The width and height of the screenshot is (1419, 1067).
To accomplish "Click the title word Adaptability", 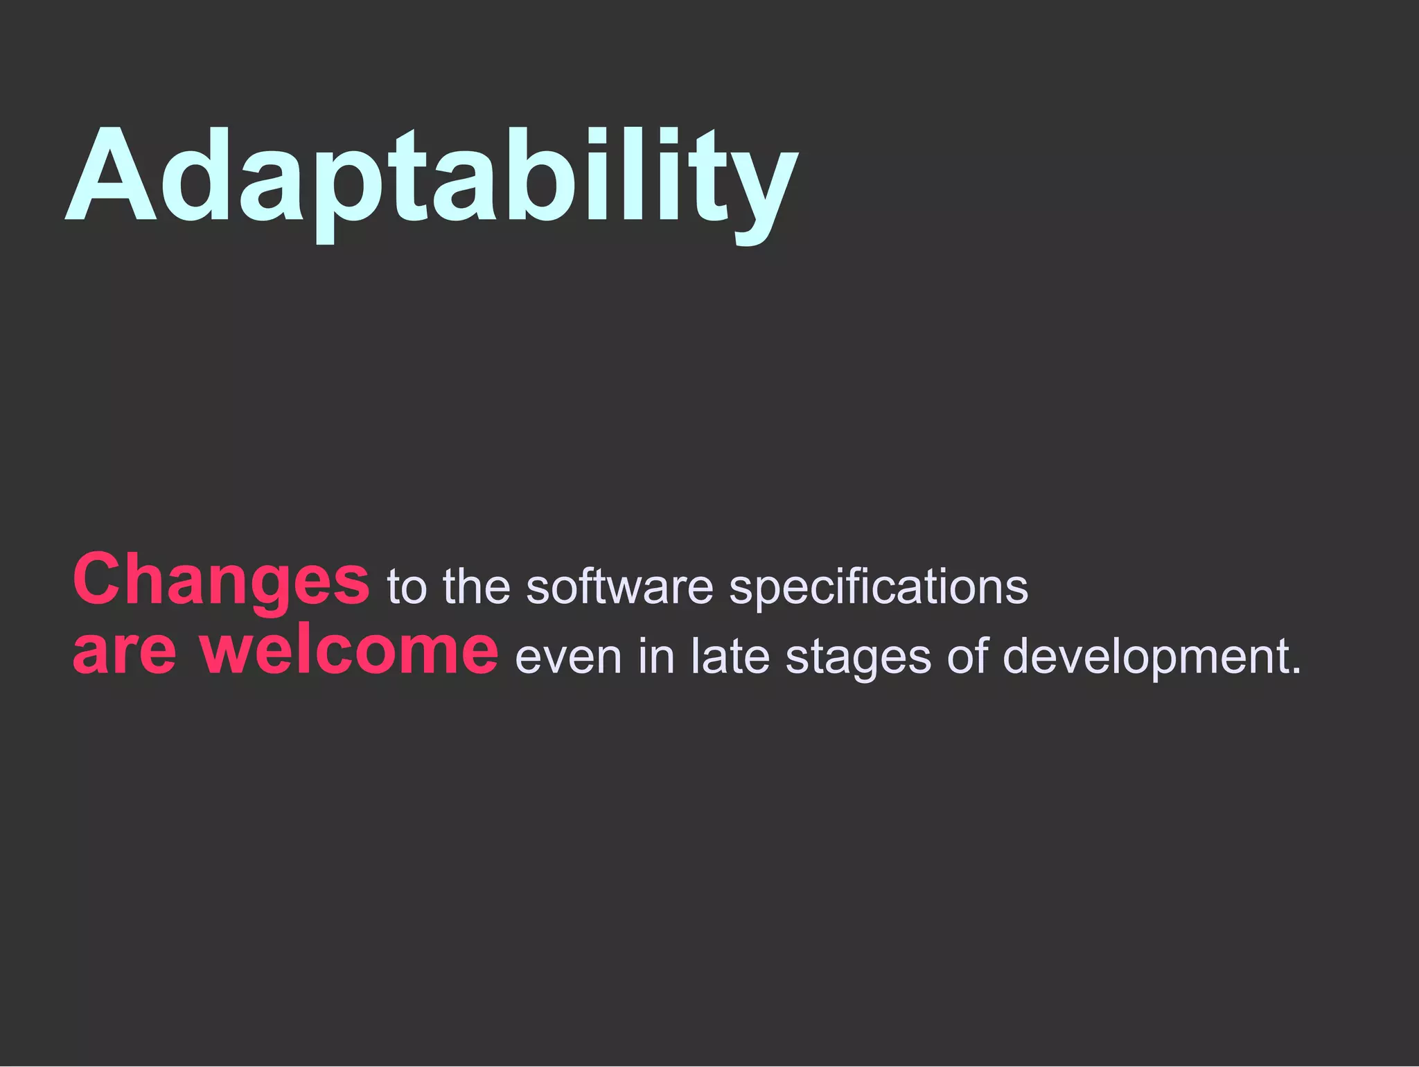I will (x=431, y=177).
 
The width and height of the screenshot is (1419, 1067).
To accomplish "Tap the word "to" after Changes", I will (x=407, y=587).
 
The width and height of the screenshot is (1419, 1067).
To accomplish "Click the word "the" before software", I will (x=476, y=587).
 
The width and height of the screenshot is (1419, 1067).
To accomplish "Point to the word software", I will (x=619, y=587).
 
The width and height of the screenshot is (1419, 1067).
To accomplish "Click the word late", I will (x=730, y=656).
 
